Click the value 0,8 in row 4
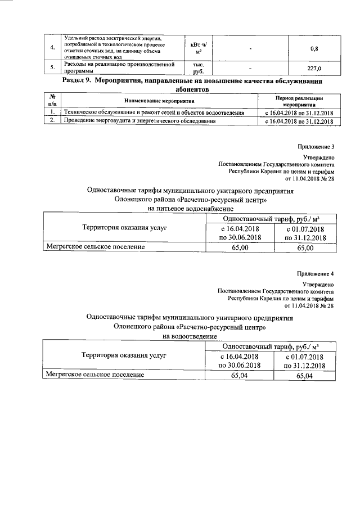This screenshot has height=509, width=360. pyautogui.click(x=315, y=48)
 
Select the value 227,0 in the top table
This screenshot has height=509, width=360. pyautogui.click(x=315, y=69)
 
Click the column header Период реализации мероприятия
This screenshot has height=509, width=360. pyautogui.click(x=299, y=101)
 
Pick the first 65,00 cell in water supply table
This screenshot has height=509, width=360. pyautogui.click(x=240, y=247)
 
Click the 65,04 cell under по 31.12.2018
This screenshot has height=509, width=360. pyautogui.click(x=305, y=375)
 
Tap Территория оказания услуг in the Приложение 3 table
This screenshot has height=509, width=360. pyautogui.click(x=124, y=228)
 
